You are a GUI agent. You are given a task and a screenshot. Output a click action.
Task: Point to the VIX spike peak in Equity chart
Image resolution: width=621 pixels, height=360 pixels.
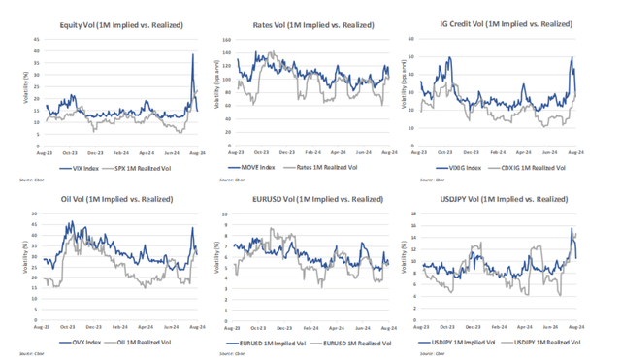(193, 54)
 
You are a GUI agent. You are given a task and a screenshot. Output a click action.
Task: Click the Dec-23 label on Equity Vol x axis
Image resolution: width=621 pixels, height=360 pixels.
(94, 152)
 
